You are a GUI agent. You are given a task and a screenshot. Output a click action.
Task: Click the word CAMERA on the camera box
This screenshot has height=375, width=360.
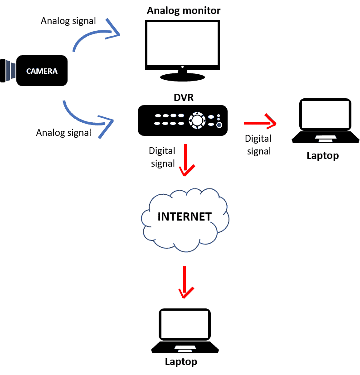[x=42, y=71]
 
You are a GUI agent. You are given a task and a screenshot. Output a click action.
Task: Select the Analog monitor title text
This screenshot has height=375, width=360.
[x=183, y=10]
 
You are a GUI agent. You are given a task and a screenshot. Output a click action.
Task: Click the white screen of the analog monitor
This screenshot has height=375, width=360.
[x=182, y=43]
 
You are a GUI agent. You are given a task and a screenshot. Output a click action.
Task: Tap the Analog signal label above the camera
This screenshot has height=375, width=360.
[x=68, y=21]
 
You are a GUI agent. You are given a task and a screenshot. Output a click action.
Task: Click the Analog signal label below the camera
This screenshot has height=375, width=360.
[x=63, y=133]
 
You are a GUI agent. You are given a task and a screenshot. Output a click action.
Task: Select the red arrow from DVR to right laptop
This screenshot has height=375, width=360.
[x=260, y=123]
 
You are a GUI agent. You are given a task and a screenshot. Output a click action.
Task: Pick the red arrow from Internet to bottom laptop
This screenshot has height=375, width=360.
[x=185, y=283]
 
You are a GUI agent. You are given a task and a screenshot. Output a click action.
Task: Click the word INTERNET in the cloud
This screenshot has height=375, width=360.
[x=184, y=216]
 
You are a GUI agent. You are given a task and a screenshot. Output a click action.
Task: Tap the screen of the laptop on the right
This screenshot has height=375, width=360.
[x=326, y=115]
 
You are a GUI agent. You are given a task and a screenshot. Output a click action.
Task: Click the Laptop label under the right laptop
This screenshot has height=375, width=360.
[x=322, y=156]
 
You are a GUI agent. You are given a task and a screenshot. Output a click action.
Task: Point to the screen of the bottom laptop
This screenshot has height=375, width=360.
[x=185, y=325]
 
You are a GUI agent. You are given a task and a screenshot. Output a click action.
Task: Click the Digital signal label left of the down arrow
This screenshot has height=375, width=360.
[x=162, y=157]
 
